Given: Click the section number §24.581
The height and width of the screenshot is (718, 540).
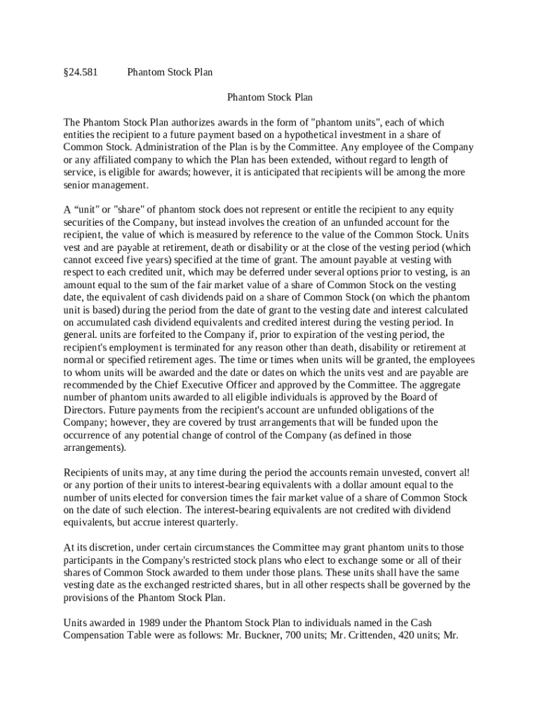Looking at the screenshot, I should pyautogui.click(x=81, y=72).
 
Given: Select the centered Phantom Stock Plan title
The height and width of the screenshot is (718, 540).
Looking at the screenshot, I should pyautogui.click(x=270, y=97).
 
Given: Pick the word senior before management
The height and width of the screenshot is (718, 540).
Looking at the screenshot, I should pyautogui.click(x=78, y=185).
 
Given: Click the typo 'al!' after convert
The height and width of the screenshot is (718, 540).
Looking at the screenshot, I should pyautogui.click(x=462, y=472).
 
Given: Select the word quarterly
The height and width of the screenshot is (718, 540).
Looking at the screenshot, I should pyautogui.click(x=217, y=522).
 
